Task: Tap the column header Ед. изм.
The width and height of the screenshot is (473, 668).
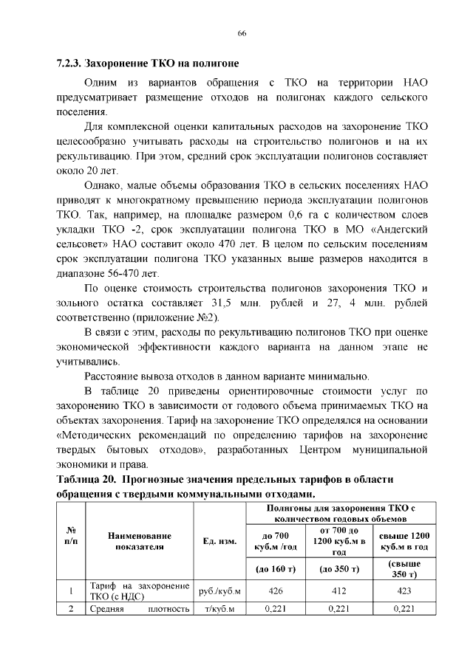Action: point(219,541)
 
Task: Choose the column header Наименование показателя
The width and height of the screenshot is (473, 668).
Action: point(139,541)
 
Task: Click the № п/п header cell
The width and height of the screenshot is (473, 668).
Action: point(72,536)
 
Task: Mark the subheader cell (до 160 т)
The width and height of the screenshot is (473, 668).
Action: point(276,569)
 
